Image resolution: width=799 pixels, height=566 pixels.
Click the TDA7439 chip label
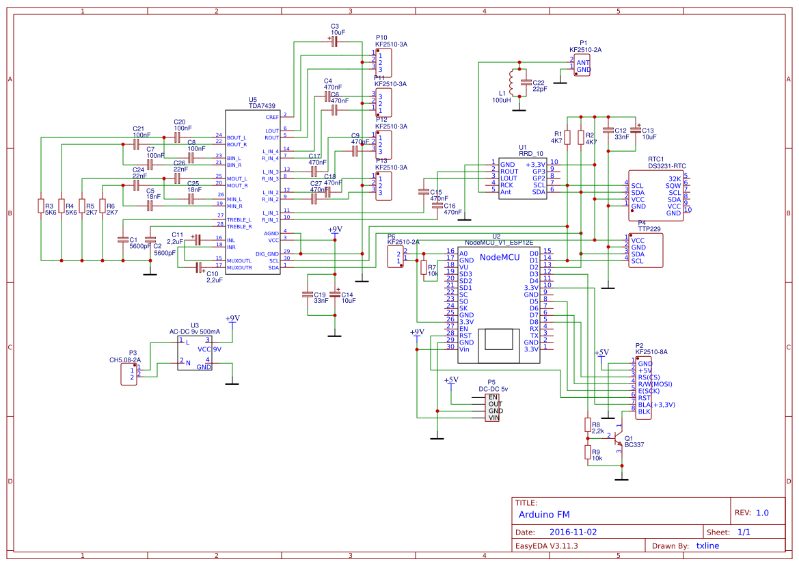(x=262, y=106)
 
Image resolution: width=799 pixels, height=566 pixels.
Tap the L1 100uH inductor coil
(x=511, y=83)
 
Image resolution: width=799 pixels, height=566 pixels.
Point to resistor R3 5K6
(x=40, y=206)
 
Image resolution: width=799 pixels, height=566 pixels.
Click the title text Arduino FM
(x=544, y=514)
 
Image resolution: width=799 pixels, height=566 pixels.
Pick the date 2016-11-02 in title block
(x=573, y=532)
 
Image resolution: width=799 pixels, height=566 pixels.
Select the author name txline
(x=707, y=545)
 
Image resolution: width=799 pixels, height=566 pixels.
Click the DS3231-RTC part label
(x=666, y=166)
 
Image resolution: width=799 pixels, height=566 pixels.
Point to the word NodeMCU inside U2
(x=500, y=257)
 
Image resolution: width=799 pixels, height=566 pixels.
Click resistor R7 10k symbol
(x=424, y=267)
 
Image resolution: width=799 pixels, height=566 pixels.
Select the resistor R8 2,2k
(x=587, y=425)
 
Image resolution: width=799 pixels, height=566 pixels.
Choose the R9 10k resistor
(x=587, y=452)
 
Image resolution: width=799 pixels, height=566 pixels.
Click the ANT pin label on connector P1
(x=582, y=62)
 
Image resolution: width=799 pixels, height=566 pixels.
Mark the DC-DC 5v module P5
(x=492, y=407)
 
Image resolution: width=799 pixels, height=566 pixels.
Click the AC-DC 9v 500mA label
(x=195, y=332)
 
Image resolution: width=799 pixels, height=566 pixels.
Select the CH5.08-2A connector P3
(x=128, y=374)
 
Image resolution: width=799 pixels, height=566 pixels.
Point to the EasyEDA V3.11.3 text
(x=546, y=545)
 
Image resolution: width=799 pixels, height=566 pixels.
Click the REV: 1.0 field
(x=751, y=513)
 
